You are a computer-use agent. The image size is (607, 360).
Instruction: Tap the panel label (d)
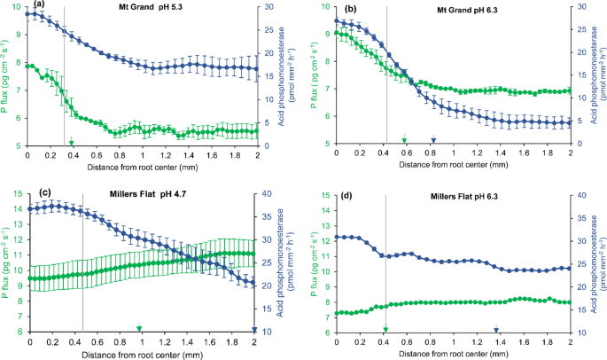350,195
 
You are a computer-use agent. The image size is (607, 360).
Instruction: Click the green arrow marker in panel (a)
72,140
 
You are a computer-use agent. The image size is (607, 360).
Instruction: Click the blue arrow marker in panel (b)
433,140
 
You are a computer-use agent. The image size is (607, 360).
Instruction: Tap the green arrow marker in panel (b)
404,140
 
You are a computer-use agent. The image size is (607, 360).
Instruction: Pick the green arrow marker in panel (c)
139,328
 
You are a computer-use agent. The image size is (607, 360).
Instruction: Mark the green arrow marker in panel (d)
385,328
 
